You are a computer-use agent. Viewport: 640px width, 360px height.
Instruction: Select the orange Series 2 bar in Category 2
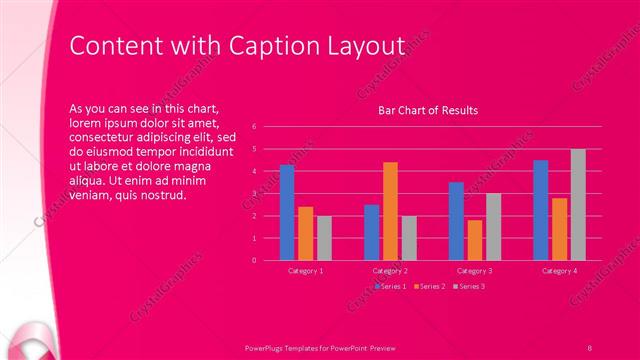390,211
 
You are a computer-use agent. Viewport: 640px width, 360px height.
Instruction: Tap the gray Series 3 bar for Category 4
578,205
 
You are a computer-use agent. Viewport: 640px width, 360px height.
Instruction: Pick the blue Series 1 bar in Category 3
456,221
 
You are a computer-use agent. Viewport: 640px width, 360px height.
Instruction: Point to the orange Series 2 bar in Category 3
475,240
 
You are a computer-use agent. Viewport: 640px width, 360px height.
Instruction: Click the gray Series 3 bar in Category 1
324,238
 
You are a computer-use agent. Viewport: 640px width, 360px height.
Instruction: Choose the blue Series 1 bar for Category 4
541,210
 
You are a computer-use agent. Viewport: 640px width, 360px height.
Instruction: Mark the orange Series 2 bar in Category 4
559,229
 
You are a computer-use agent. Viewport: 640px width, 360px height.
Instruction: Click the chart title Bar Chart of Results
427,110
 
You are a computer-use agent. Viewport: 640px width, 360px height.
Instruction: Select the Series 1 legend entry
391,287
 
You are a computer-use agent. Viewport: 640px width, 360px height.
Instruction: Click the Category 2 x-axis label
390,271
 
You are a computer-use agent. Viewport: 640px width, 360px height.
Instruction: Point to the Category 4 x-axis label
559,271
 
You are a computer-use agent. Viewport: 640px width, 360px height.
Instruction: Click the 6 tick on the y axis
255,127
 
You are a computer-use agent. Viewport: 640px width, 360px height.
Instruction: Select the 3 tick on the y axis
255,193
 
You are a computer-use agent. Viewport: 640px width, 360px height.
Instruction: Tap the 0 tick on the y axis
255,260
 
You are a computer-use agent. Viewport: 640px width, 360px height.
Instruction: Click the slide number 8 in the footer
590,346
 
